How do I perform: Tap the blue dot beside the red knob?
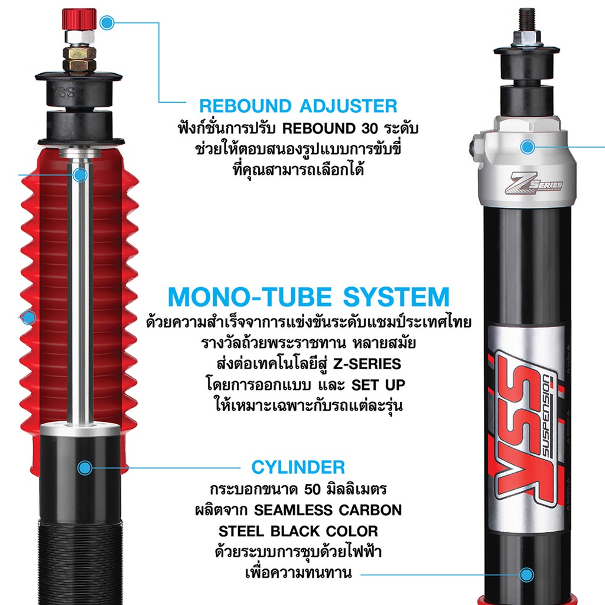click(107, 23)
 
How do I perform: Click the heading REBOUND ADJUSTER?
click(298, 106)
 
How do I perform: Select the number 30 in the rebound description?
click(370, 128)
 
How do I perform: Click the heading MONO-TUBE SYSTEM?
click(308, 297)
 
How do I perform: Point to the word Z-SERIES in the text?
click(367, 364)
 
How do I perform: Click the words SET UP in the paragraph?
click(378, 385)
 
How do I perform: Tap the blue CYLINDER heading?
click(298, 467)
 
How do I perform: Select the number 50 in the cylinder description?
click(313, 489)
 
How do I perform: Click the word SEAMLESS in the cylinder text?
click(293, 510)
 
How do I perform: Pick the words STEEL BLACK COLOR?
click(298, 531)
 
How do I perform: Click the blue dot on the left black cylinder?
click(85, 468)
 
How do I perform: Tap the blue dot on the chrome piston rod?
click(80, 175)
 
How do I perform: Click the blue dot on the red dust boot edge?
click(28, 317)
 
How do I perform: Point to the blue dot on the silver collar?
click(528, 147)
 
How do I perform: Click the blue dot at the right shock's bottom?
click(526, 575)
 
